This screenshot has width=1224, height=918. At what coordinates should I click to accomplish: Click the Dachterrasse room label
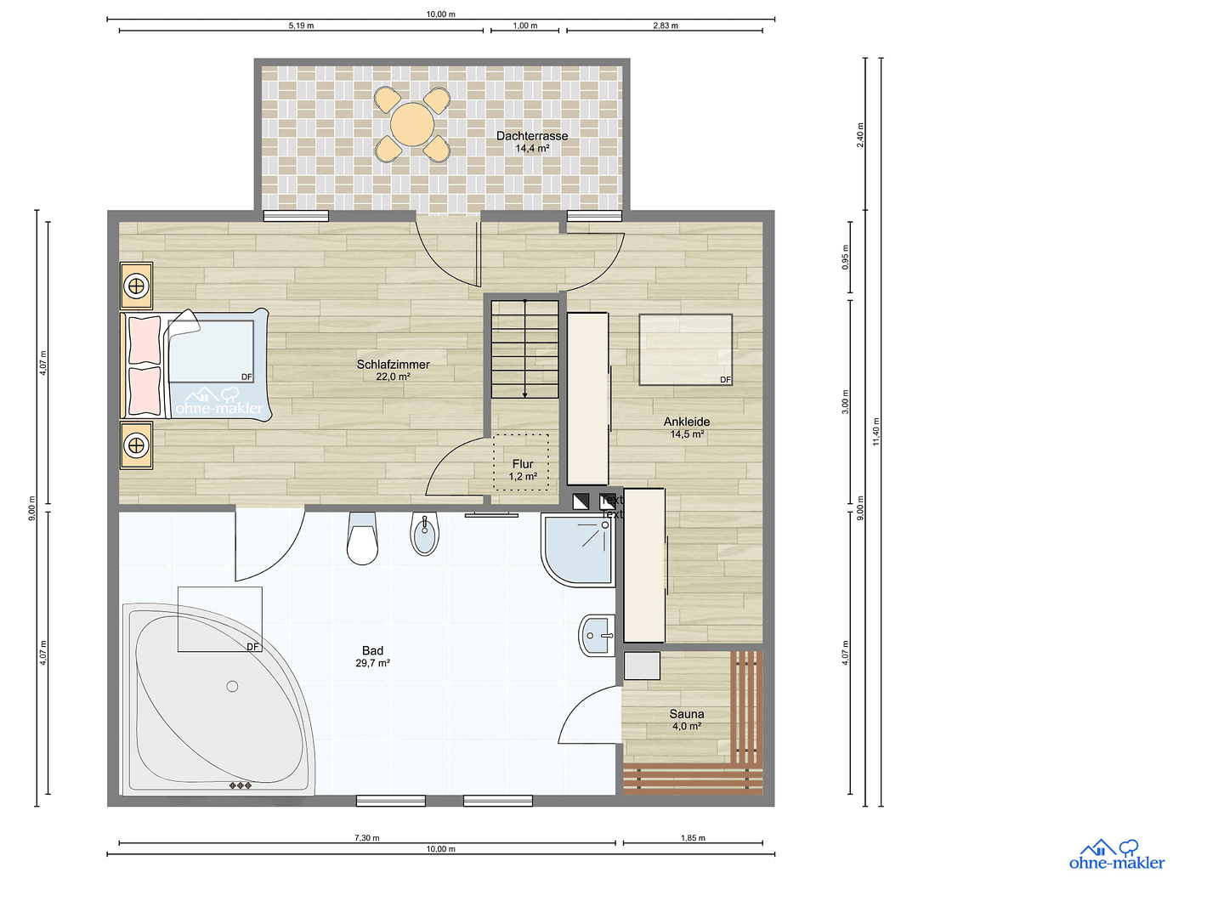click(532, 141)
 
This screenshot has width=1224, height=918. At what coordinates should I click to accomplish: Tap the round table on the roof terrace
click(412, 124)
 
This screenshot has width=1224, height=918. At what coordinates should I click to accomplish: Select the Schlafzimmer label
click(393, 370)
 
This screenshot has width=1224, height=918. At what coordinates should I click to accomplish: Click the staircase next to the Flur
click(524, 348)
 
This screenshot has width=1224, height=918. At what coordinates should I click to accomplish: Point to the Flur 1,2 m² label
click(523, 470)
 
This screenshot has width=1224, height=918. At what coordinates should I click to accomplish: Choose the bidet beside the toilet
click(424, 534)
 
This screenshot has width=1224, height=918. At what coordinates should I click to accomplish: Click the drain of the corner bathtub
click(232, 686)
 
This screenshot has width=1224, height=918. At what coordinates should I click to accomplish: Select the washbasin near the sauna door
click(598, 635)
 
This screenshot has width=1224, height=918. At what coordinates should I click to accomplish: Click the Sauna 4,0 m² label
click(687, 720)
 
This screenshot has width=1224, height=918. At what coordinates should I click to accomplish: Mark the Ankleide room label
click(687, 427)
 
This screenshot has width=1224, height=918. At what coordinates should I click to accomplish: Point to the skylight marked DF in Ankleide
click(685, 349)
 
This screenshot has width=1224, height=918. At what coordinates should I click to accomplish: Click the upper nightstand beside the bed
click(136, 286)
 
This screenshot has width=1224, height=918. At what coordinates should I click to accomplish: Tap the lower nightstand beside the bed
click(136, 445)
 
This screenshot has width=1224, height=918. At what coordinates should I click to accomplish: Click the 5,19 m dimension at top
click(301, 25)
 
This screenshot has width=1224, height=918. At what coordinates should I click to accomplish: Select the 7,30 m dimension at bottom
click(367, 838)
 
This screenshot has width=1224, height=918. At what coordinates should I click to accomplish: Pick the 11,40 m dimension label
click(876, 432)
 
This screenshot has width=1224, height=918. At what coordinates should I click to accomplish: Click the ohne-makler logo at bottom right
click(1116, 855)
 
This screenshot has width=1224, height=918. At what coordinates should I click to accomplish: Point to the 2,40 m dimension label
click(860, 134)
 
